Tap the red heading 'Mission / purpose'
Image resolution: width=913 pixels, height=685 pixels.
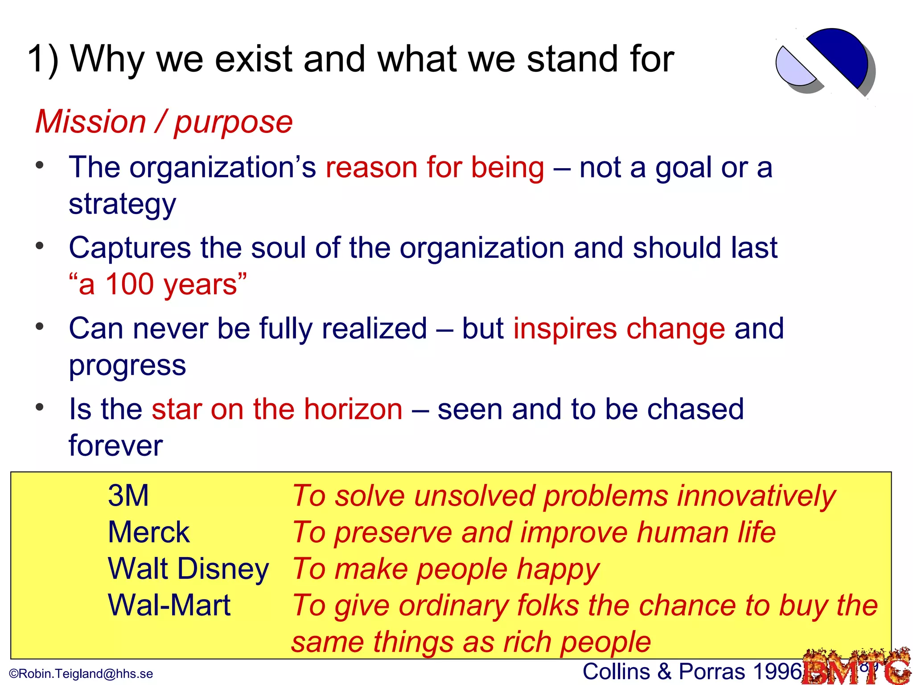pos(164,122)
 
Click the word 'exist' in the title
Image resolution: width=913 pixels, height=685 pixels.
pos(254,59)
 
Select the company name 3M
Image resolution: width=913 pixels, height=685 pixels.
pos(128,495)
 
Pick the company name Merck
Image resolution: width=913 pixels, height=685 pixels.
pos(148,532)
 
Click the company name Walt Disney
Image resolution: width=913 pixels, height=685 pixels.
pos(188,569)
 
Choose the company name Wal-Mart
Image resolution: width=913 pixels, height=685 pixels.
pos(169,605)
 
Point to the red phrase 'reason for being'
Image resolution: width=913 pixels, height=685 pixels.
pos(435,168)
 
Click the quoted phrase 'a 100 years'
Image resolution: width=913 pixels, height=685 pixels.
pos(157,285)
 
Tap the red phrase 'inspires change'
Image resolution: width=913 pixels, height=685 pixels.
pos(619,329)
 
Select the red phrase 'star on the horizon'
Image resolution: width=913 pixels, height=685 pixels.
pos(277,409)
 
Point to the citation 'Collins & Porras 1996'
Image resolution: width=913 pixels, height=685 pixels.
pos(692,672)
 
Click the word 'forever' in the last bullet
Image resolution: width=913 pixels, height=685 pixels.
pos(115,446)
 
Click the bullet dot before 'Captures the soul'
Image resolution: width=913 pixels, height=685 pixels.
pos(40,246)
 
